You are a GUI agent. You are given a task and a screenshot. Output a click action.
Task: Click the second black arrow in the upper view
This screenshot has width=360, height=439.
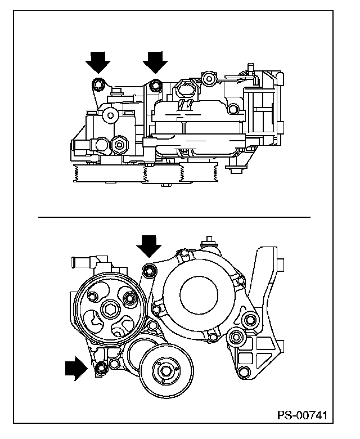coord(155,60)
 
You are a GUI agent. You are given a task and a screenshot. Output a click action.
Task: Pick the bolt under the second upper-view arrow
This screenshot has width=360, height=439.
coord(155,86)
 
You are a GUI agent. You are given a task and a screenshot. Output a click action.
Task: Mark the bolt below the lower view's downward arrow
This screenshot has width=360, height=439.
coord(150,272)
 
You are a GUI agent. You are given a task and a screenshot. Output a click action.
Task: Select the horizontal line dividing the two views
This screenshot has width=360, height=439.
coord(174,216)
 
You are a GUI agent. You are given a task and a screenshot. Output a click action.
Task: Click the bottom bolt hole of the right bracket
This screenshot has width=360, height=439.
coord(242,371)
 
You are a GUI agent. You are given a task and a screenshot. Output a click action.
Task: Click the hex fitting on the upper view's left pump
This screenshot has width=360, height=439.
coord(119,145)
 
